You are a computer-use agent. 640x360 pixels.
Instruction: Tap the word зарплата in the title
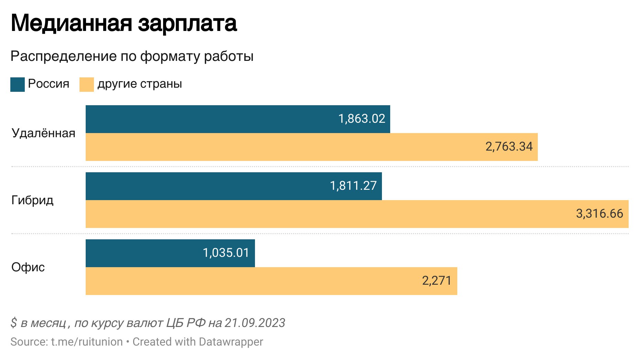point(188,23)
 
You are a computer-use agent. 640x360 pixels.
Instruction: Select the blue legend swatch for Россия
point(18,85)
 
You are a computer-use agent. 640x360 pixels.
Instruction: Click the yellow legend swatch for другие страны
point(86,85)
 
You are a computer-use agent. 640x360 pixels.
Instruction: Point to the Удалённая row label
point(43,133)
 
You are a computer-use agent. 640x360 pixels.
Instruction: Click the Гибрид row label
point(32,200)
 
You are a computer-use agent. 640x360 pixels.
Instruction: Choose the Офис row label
point(28,267)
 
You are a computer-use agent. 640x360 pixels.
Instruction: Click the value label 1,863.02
point(362,119)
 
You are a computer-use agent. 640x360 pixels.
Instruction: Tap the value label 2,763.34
point(509,146)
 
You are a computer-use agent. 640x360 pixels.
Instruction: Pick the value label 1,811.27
point(353,186)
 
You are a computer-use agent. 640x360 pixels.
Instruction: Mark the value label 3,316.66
point(599,214)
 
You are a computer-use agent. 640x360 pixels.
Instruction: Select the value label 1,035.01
point(226,253)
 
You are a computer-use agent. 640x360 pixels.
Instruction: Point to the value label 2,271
point(437,281)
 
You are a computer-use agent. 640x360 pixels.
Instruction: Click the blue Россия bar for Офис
point(145,253)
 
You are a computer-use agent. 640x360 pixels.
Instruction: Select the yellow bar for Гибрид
point(310,214)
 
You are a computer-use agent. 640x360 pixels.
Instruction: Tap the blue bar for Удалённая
point(206,119)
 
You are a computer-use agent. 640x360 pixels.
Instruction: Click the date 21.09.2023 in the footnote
point(255,323)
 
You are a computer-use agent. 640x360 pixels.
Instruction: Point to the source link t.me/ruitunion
point(87,342)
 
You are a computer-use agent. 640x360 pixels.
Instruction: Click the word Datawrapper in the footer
point(231,342)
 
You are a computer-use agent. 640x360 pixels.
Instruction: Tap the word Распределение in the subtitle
point(63,56)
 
